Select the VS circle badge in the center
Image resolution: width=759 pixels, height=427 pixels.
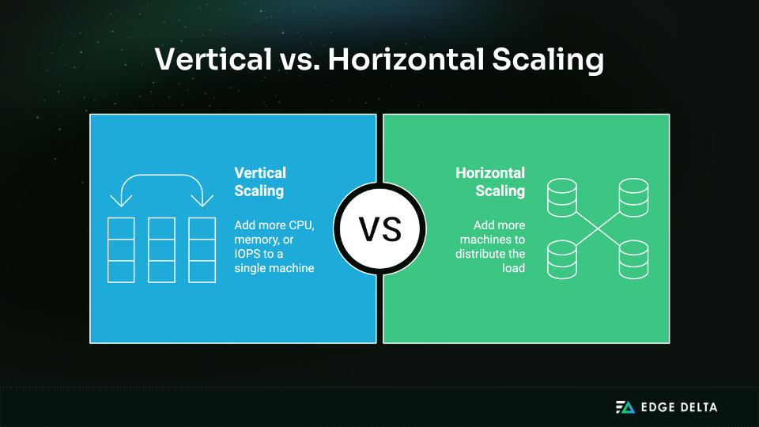point(379,229)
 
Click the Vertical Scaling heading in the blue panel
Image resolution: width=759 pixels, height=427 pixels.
point(260,181)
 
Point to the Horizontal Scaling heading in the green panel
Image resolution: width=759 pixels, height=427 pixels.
point(490,181)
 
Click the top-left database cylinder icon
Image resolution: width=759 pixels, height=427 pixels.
point(562,198)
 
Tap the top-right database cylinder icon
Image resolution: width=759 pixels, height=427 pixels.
point(633,198)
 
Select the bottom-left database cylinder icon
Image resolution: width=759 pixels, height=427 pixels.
point(562,259)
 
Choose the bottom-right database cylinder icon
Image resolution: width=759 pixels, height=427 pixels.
point(633,259)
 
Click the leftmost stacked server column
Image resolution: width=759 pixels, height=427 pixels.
point(121,249)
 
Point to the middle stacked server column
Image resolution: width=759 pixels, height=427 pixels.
point(161,249)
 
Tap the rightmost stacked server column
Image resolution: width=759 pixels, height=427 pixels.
point(202,249)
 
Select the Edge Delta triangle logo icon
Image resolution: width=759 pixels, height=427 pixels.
point(625,407)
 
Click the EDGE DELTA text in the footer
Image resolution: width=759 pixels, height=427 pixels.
point(679,407)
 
